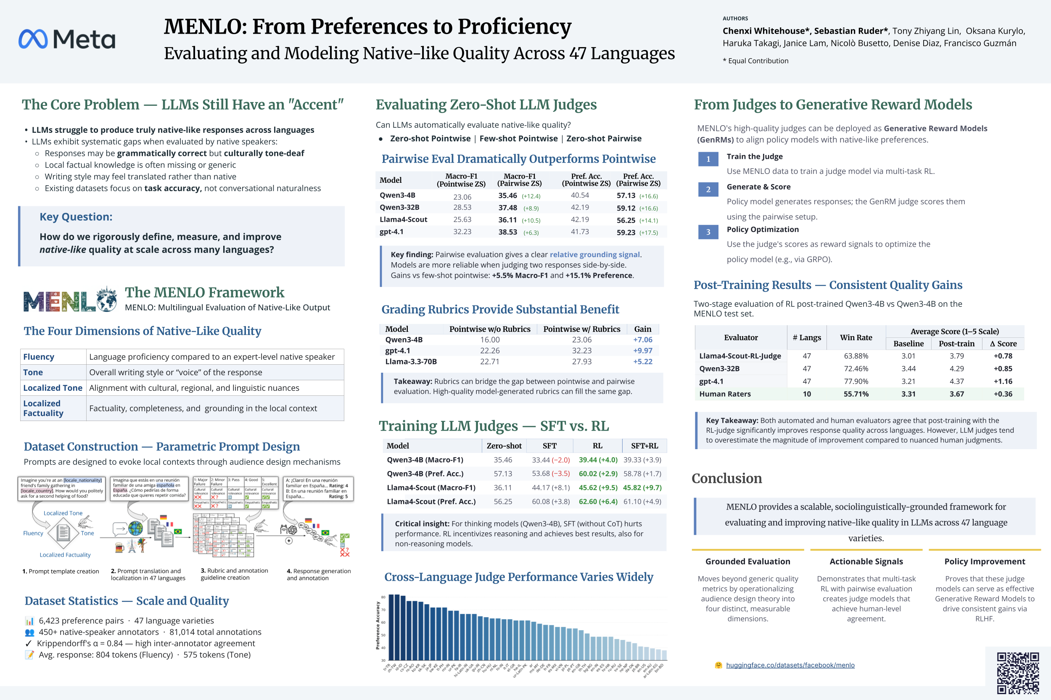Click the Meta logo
click(67, 39)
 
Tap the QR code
click(1018, 673)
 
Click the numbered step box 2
click(708, 189)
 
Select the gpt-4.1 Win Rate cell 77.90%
click(856, 381)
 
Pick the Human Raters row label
click(724, 394)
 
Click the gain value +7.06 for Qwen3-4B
click(642, 340)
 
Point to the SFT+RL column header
click(644, 445)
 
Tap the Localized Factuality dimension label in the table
click(42, 408)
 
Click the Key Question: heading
click(76, 217)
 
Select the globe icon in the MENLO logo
click(107, 299)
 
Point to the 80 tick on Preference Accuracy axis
click(383, 597)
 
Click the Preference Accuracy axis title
click(378, 625)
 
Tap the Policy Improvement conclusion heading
click(985, 561)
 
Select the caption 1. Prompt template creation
click(61, 571)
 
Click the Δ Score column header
click(1003, 344)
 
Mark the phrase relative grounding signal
click(594, 255)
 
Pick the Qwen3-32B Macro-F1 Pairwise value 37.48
click(508, 208)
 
